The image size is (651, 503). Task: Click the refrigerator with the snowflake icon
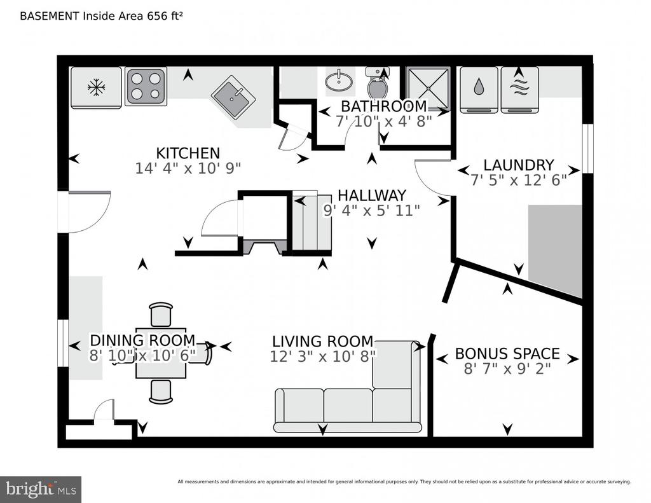[96, 88]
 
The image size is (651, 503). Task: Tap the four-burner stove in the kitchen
[146, 86]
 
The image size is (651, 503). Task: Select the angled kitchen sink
[233, 97]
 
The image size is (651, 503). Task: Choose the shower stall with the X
[428, 88]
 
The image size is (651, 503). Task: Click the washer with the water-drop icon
[479, 90]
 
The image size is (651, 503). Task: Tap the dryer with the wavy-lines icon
[520, 90]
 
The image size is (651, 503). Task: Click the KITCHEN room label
[188, 153]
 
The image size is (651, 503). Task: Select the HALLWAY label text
[371, 195]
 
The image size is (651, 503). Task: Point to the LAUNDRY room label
[519, 165]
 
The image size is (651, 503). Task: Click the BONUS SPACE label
[507, 354]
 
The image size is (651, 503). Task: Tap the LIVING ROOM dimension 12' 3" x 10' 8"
[322, 356]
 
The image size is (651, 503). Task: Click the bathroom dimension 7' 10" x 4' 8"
[383, 121]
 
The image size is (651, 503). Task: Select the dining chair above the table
[161, 314]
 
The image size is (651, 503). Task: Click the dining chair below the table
[161, 391]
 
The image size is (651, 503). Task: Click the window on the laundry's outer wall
[587, 148]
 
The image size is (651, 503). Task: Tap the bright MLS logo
[41, 489]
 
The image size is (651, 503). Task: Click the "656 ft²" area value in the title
[165, 16]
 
